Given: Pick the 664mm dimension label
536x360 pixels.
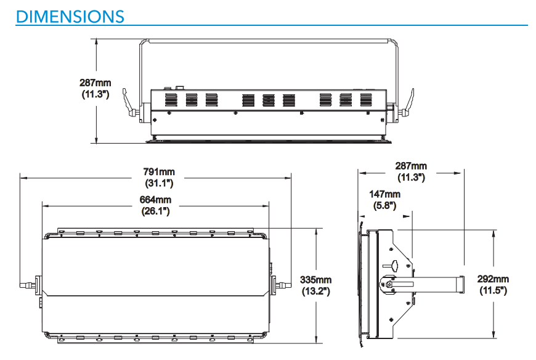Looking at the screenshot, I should [x=155, y=200].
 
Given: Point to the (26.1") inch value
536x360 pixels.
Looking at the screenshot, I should [x=155, y=211].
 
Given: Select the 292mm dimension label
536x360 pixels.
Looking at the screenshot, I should [x=493, y=279].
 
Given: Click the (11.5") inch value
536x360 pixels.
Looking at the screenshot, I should [x=493, y=290].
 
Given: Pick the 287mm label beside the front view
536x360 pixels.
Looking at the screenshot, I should [x=95, y=82].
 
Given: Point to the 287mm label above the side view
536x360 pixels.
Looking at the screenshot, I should [x=411, y=166].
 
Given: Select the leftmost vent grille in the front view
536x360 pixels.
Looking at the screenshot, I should [x=171, y=99].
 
